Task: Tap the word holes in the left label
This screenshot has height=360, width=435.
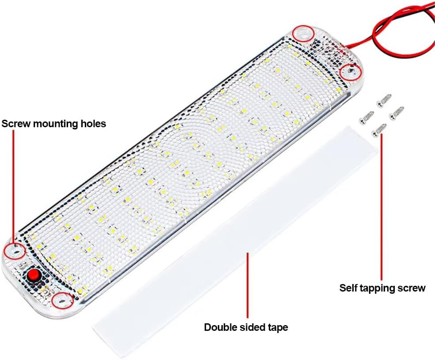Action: click(93, 123)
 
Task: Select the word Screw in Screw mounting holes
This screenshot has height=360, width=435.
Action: click(16, 124)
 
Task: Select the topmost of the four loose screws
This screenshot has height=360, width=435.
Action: click(384, 100)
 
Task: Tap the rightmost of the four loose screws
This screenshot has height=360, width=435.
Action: click(396, 114)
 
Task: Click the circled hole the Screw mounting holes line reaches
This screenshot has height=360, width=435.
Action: click(15, 251)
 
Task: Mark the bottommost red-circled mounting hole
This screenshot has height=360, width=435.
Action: click(63, 300)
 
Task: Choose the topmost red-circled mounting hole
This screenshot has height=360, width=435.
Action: click(304, 34)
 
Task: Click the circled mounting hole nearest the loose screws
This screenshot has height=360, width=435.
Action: click(351, 72)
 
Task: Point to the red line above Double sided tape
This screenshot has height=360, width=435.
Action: click(247, 285)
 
